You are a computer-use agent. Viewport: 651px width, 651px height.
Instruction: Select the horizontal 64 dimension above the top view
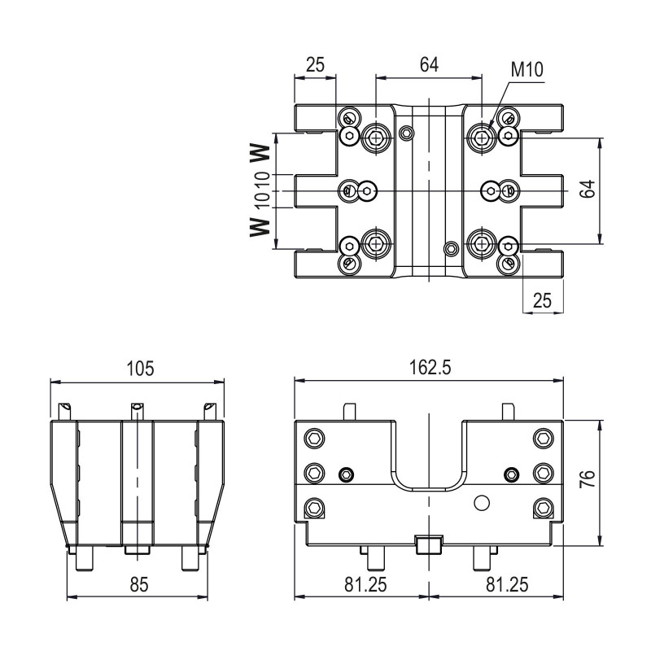[x=429, y=66]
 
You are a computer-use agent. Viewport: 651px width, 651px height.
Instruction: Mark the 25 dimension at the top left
[x=315, y=66]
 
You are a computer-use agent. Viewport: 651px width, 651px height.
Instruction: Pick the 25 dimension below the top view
[x=541, y=300]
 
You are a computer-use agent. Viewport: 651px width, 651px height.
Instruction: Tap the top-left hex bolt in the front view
[x=313, y=439]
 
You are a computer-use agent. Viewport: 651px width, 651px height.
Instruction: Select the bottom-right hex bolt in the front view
[x=542, y=510]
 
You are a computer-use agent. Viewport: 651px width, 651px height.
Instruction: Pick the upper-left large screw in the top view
[x=376, y=138]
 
